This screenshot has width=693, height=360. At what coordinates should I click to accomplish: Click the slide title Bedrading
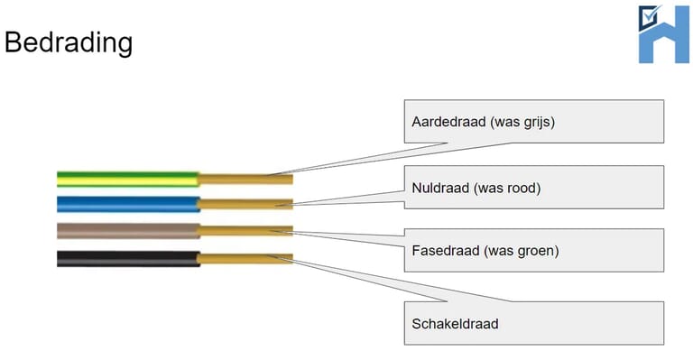[69, 42]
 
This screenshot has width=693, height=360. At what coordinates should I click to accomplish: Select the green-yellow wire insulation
[127, 178]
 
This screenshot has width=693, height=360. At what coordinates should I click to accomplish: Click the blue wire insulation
[127, 204]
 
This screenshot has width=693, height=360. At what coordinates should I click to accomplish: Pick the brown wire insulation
[127, 231]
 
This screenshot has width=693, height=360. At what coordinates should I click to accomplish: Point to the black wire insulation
[127, 258]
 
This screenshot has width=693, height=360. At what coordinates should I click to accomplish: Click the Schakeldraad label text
[455, 323]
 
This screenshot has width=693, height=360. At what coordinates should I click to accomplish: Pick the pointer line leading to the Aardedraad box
[343, 157]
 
